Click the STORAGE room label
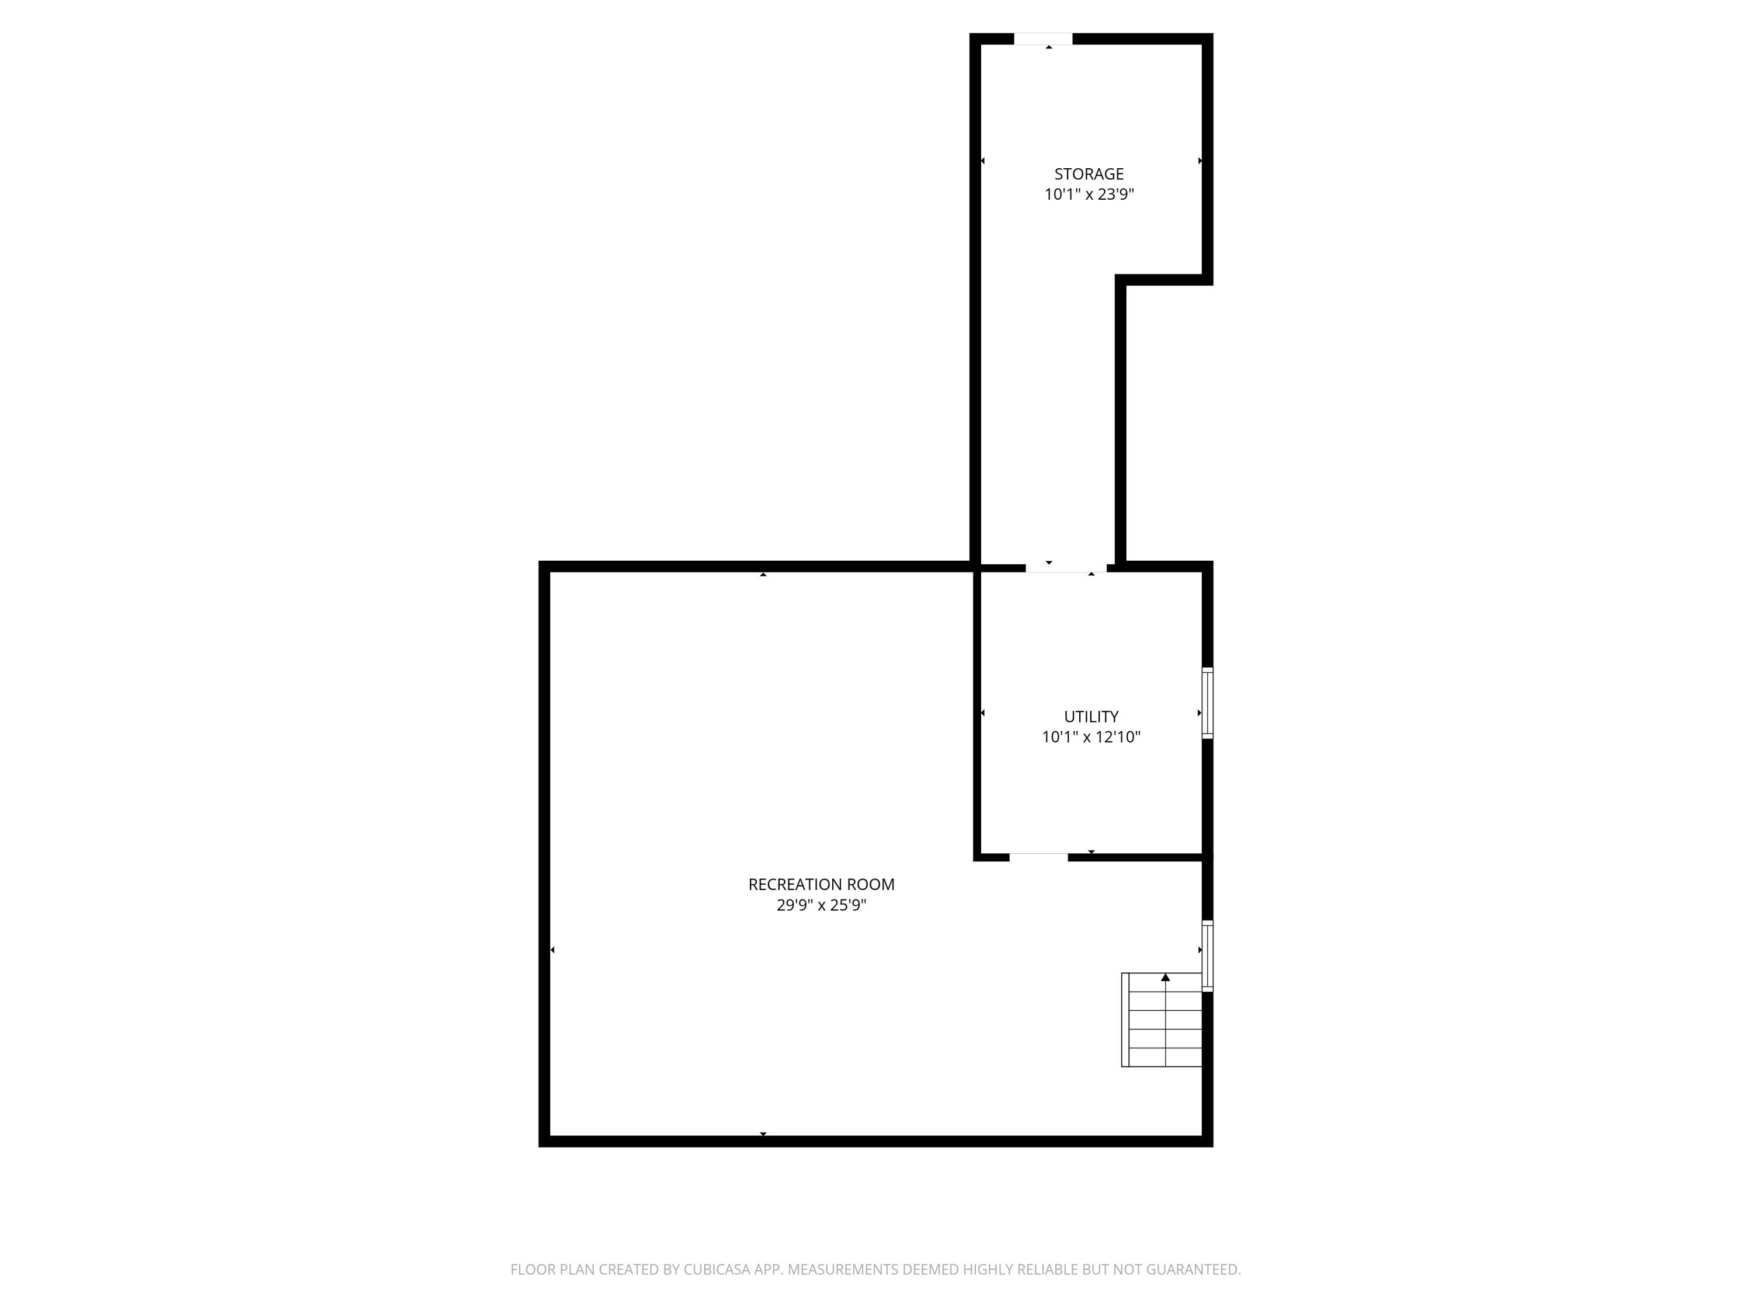point(1088,174)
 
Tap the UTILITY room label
point(1091,717)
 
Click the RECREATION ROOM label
point(821,885)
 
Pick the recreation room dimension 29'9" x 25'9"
point(821,905)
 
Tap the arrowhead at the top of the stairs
point(1165,978)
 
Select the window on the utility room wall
point(1207,703)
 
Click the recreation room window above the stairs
point(1207,956)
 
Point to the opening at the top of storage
point(1043,39)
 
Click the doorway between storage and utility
point(1065,567)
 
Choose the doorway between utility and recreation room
point(1038,857)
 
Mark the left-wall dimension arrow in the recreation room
point(552,950)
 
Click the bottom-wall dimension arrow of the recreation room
point(763,1134)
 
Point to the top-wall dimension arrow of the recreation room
point(763,574)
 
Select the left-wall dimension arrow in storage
point(983,161)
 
